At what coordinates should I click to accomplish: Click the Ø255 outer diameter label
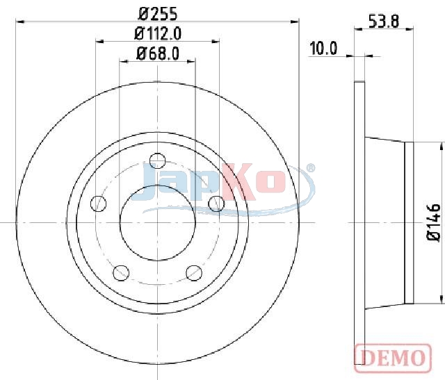click(x=158, y=14)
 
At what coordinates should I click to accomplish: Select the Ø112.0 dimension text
click(x=158, y=34)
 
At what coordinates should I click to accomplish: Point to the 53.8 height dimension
click(x=384, y=22)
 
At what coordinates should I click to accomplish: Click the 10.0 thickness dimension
click(x=323, y=48)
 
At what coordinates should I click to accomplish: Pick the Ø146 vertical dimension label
click(x=434, y=222)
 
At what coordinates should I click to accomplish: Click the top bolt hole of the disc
click(x=158, y=160)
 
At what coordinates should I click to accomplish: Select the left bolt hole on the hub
click(x=99, y=204)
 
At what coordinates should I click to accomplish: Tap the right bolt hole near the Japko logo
click(x=216, y=204)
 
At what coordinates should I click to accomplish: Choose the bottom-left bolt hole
click(x=121, y=273)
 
